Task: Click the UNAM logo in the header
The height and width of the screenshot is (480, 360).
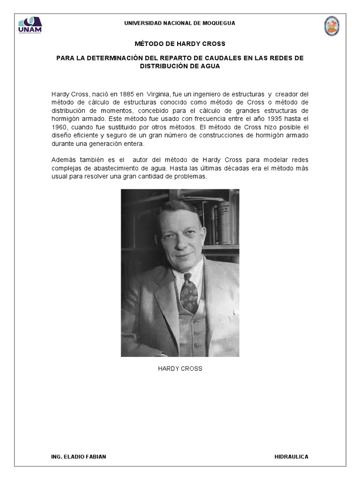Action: pyautogui.click(x=30, y=26)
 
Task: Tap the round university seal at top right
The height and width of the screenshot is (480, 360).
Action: pyautogui.click(x=332, y=26)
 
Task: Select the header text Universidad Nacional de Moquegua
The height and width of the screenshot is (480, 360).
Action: pyautogui.click(x=180, y=23)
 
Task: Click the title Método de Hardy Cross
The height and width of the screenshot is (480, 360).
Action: pyautogui.click(x=180, y=44)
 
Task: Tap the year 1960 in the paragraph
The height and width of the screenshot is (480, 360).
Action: pyautogui.click(x=59, y=127)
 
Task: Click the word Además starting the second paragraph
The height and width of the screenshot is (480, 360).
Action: pyautogui.click(x=63, y=160)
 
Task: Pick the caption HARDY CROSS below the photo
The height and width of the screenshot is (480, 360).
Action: pyautogui.click(x=180, y=369)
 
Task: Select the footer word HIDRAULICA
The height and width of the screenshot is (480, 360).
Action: pyautogui.click(x=291, y=457)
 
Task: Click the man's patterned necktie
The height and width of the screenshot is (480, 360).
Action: pyautogui.click(x=188, y=292)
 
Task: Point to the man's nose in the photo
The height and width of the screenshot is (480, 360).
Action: pyautogui.click(x=182, y=240)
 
